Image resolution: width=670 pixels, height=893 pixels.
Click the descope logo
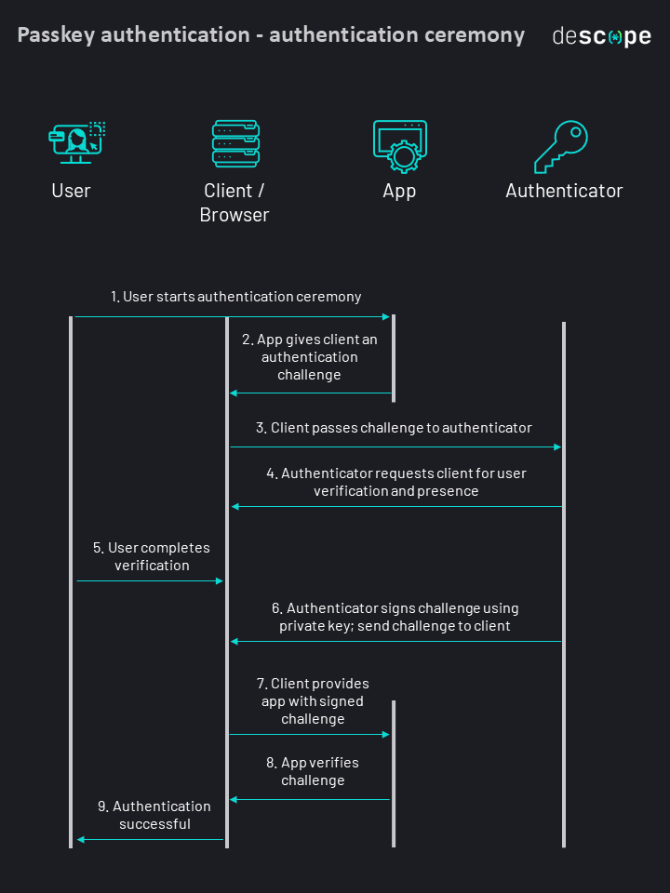click(x=601, y=36)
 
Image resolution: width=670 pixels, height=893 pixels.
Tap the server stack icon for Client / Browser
click(x=235, y=143)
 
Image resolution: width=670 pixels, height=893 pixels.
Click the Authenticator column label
click(x=564, y=191)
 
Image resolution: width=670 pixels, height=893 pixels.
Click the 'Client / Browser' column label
click(x=234, y=203)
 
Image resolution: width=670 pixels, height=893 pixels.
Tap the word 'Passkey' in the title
click(x=55, y=35)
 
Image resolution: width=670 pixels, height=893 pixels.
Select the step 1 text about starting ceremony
click(x=236, y=297)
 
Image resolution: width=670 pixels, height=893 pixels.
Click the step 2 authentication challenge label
click(x=310, y=357)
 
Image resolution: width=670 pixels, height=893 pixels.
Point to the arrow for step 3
click(x=395, y=447)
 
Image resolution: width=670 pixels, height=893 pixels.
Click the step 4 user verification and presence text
click(x=396, y=482)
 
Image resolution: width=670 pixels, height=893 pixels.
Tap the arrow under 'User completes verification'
click(x=150, y=580)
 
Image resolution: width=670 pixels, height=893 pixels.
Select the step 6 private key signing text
click(x=395, y=617)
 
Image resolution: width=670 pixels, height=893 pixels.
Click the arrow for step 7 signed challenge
click(x=309, y=735)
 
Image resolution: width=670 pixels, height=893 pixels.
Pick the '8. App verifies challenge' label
click(x=313, y=771)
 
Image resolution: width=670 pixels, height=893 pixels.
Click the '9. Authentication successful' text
click(x=154, y=815)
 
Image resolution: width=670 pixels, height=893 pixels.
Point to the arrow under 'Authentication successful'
click(x=150, y=840)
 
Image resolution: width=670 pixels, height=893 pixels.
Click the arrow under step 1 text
click(x=233, y=317)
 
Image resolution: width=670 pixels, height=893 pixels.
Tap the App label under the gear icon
click(x=399, y=191)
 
